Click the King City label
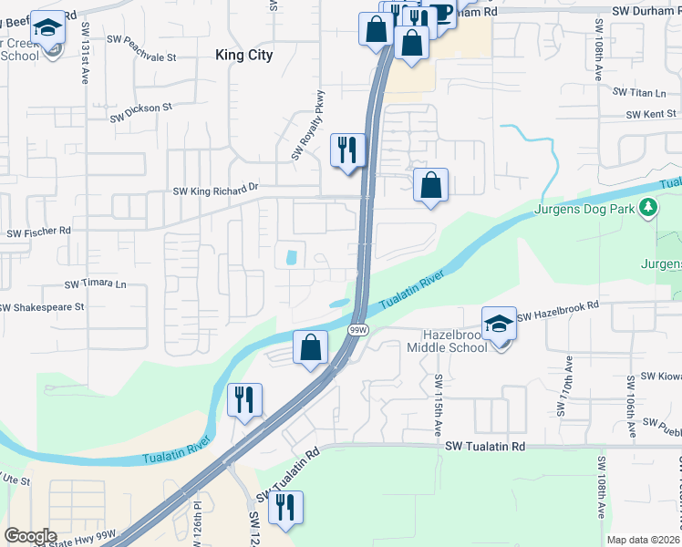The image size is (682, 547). coord(243,55)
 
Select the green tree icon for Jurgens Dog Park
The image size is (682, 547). coord(648,209)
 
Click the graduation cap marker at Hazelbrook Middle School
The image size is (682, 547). coord(499,325)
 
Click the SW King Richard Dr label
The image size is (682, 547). coord(216,190)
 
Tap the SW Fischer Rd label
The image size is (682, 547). coord(38,232)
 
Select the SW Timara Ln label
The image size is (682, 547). coord(95,284)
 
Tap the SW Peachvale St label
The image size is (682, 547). coord(139,56)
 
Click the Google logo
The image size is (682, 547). coord(31,536)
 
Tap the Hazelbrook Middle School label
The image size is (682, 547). coord(454,341)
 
